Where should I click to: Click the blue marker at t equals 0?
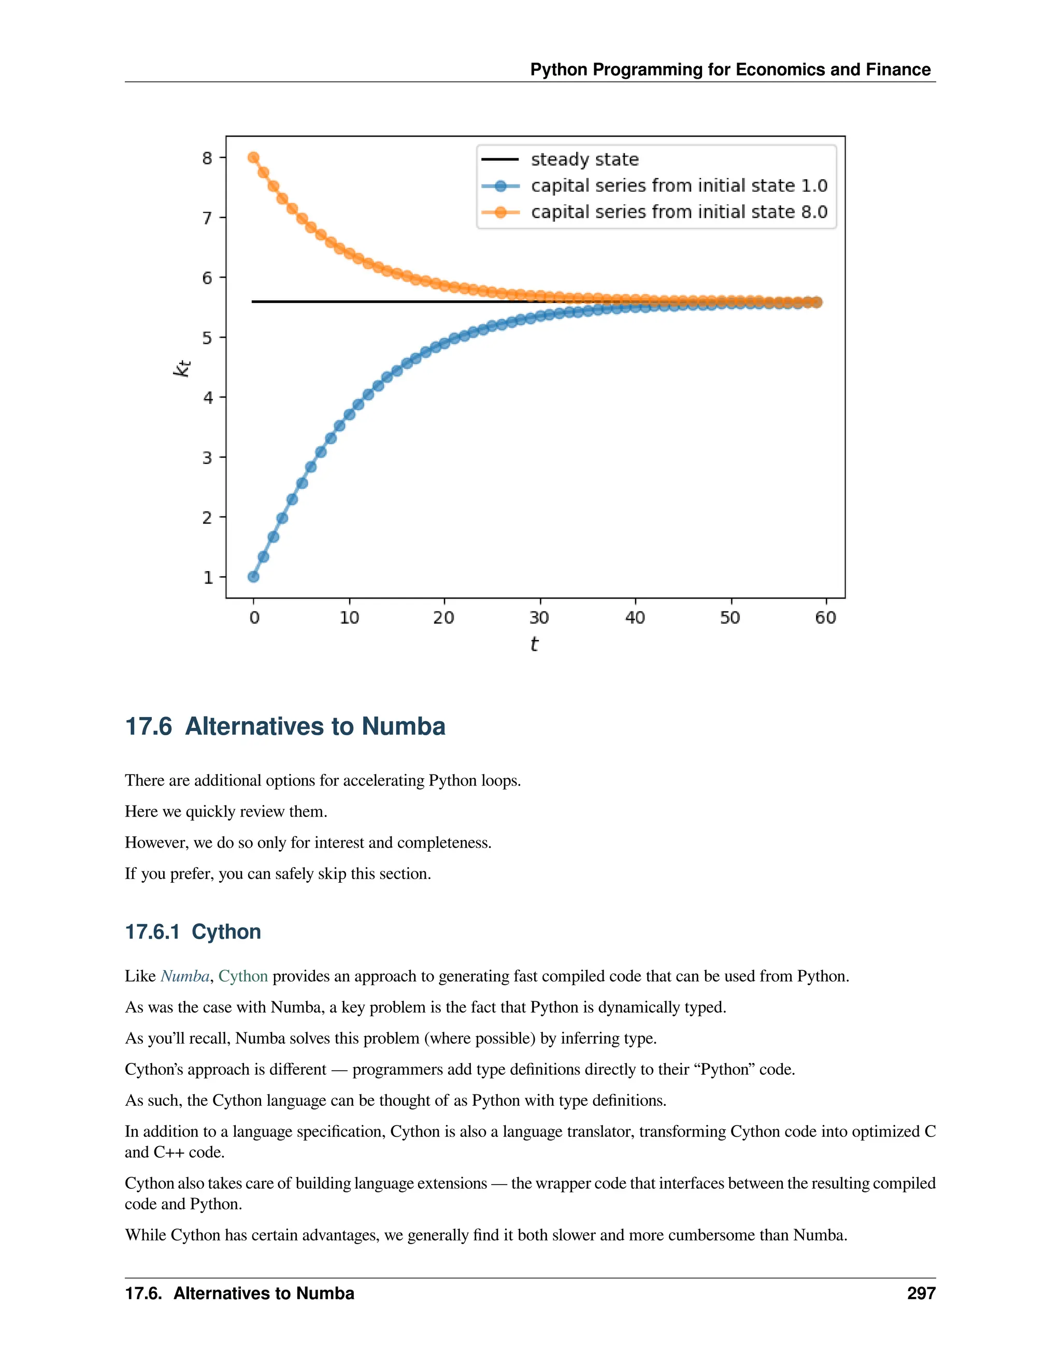tap(253, 577)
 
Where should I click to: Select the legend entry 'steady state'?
tap(584, 159)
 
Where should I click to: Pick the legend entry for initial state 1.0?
tap(678, 186)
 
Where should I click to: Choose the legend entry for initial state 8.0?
tap(678, 212)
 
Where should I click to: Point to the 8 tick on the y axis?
tap(207, 158)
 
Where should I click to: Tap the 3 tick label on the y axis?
tap(207, 457)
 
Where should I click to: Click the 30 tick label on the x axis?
tap(539, 618)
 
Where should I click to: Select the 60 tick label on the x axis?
tap(825, 618)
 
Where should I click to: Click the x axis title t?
tap(534, 644)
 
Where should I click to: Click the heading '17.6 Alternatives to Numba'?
tap(285, 726)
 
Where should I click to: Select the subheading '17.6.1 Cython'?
tap(193, 931)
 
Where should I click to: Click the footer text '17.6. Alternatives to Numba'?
tap(239, 1293)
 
